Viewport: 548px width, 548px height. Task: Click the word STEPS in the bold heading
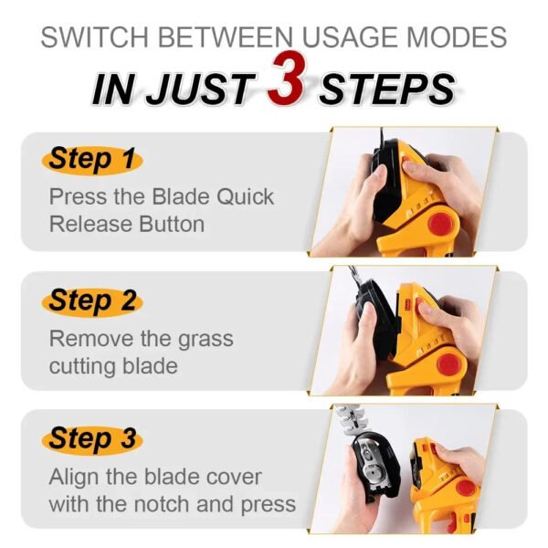388,90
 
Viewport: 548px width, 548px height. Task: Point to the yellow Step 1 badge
91,158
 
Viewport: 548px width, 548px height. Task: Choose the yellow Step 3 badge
91,438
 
